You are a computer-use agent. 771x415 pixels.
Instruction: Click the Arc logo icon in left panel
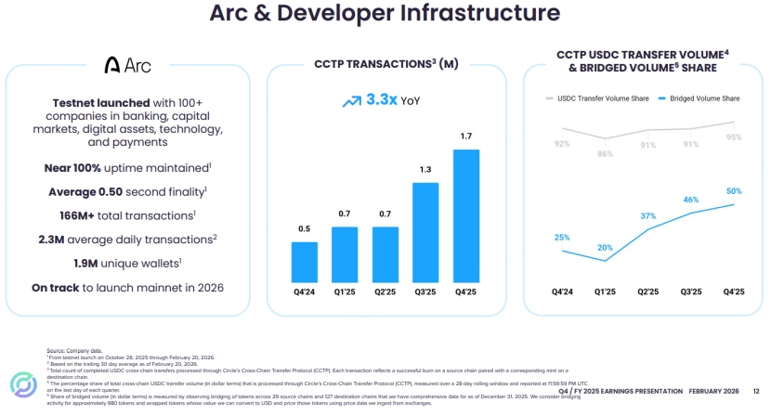(112, 65)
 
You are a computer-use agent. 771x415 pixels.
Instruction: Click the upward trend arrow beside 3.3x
(352, 100)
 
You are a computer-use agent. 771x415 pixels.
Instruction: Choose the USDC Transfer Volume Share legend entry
(598, 97)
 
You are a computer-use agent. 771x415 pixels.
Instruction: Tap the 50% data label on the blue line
(734, 190)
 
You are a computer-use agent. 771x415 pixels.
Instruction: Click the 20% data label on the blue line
(605, 248)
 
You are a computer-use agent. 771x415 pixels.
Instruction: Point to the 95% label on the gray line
(734, 137)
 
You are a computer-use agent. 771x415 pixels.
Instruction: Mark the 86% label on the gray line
(605, 154)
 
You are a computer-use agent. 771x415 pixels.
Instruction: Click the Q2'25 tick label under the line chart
(647, 292)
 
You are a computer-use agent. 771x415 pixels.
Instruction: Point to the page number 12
(755, 391)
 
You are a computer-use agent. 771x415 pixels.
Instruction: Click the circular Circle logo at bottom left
(21, 385)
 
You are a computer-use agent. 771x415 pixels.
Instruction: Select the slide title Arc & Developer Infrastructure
(385, 14)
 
